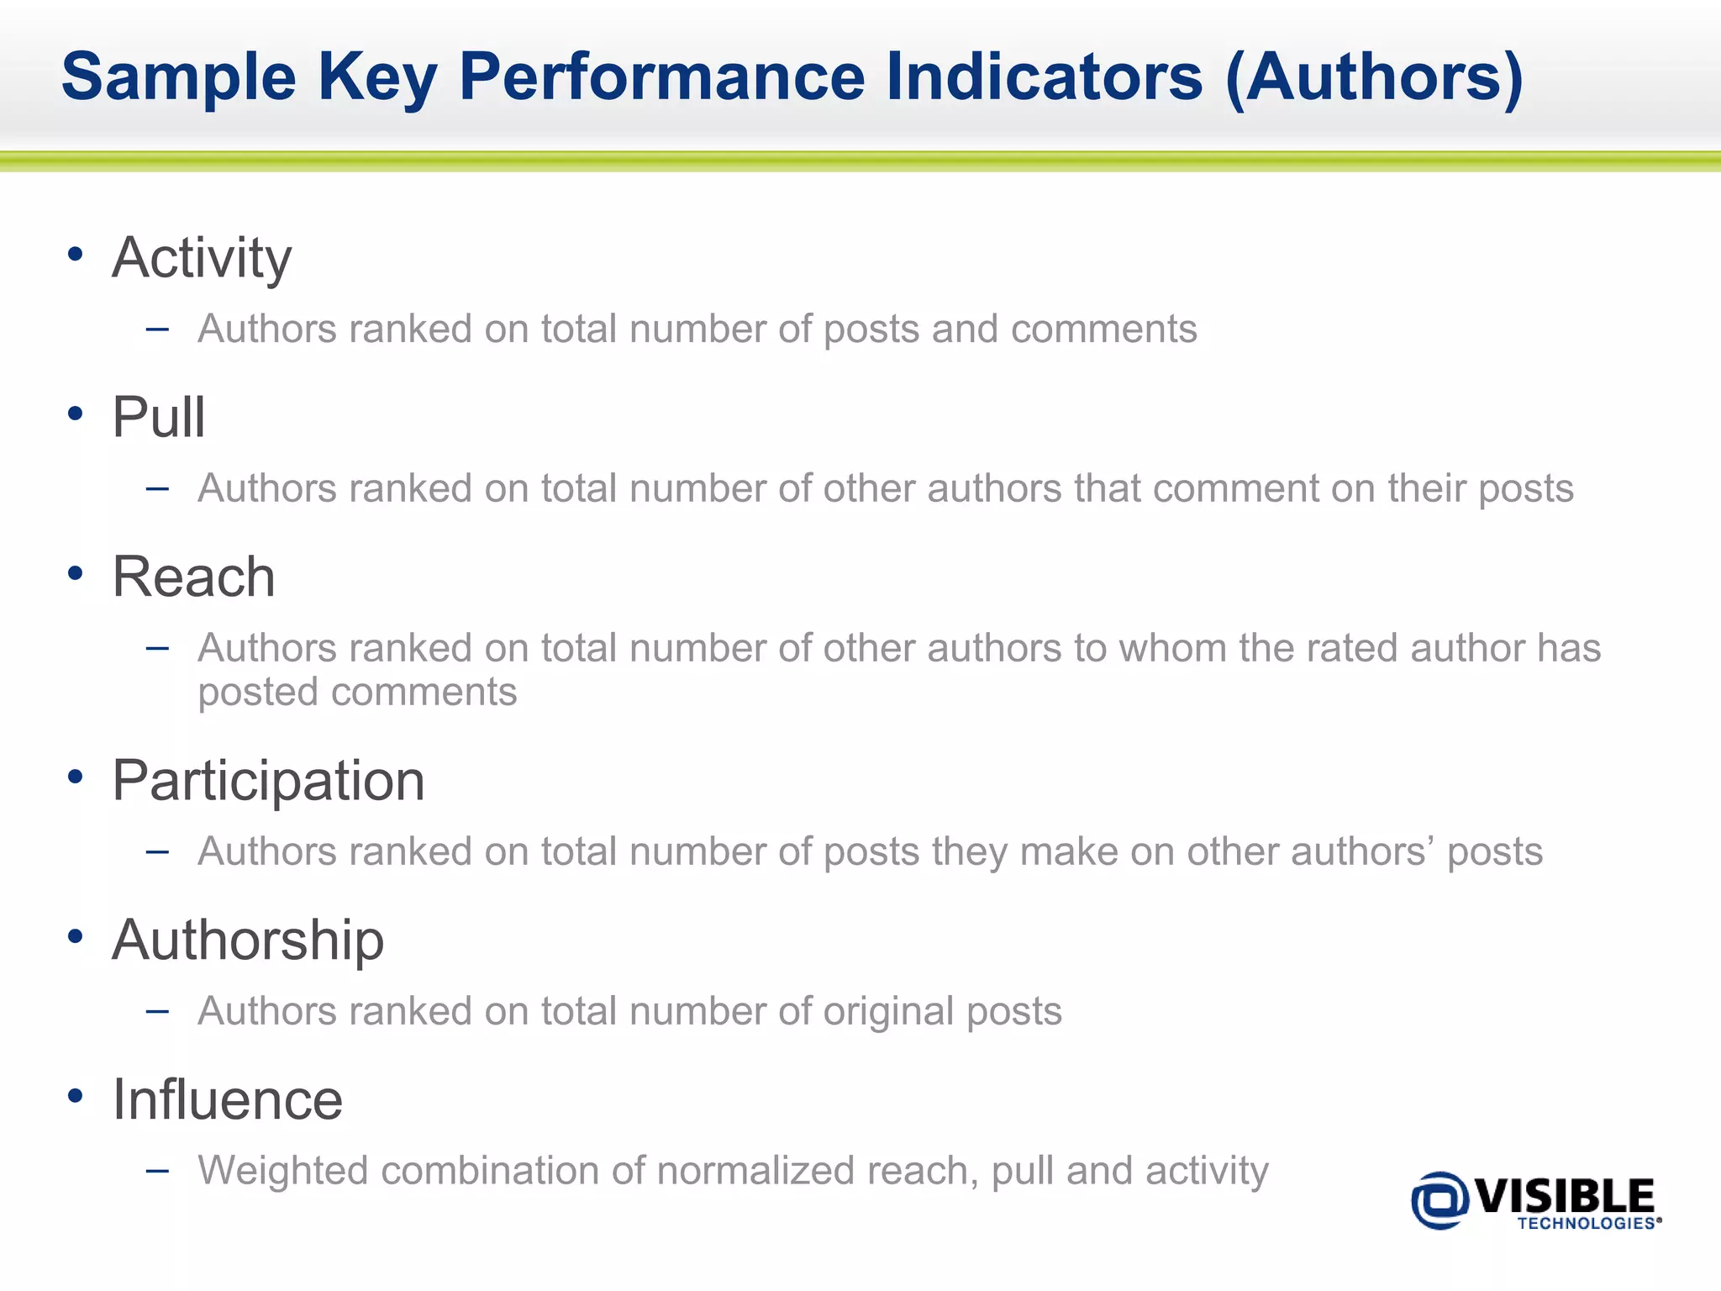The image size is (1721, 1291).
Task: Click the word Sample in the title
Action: (x=179, y=78)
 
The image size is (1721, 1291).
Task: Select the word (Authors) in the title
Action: (x=1374, y=78)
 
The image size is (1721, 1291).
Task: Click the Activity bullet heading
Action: (x=202, y=258)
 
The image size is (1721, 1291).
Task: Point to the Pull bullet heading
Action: (x=159, y=417)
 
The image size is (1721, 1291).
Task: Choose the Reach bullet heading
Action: (x=193, y=577)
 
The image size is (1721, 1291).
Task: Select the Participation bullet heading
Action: (x=268, y=782)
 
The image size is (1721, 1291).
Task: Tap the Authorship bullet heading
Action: (x=248, y=941)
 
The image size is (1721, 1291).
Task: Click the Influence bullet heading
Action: (x=228, y=1100)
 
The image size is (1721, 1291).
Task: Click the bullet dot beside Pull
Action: (x=76, y=414)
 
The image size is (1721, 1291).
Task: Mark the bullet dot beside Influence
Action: (x=76, y=1096)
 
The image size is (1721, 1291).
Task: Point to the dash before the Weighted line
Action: (x=157, y=1171)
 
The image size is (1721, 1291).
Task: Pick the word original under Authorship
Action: (x=888, y=1012)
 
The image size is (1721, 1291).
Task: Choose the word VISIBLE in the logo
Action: (x=1564, y=1196)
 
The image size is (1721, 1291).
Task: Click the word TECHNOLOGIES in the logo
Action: (x=1586, y=1224)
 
